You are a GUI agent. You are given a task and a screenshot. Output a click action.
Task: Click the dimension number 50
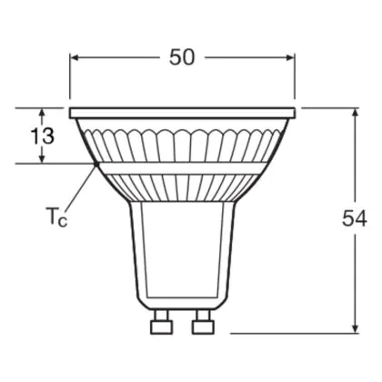tap(181, 57)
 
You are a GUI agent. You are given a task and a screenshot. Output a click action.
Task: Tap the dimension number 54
tap(355, 218)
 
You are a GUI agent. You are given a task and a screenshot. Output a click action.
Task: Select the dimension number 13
tap(43, 136)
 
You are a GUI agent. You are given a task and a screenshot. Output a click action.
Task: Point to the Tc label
tap(56, 216)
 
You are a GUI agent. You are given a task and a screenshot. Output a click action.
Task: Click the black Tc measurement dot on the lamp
tap(96, 164)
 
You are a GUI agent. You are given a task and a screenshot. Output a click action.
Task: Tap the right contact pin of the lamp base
tap(203, 321)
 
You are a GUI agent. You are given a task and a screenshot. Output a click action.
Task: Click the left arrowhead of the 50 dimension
tap(75, 57)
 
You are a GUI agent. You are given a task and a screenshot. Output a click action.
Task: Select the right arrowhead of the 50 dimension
tap(290, 57)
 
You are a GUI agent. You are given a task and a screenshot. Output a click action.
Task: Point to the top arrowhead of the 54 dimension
tap(356, 113)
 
